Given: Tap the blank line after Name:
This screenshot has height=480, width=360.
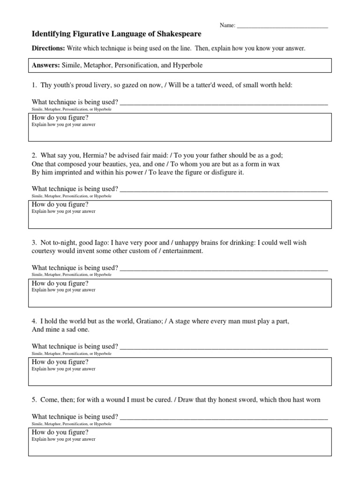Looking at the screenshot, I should pos(282,26).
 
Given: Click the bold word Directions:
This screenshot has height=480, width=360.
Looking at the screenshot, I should pos(48,48).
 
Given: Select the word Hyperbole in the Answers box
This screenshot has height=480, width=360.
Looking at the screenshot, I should pos(187,65).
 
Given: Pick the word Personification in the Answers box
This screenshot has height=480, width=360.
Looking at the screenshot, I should pos(135,65).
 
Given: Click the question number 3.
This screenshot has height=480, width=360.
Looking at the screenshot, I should pos(34,242).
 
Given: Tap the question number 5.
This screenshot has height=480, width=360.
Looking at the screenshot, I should pos(34,400).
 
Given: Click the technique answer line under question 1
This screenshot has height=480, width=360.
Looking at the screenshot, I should pos(224,103).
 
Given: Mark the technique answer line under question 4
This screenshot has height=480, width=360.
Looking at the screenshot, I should pos(224,347).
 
